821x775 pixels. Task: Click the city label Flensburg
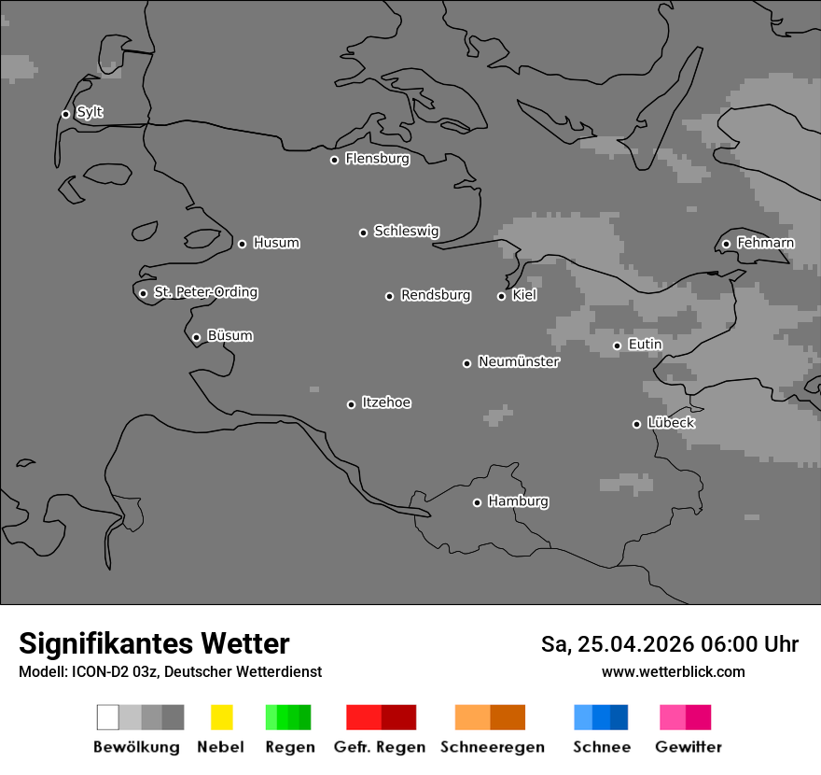377,159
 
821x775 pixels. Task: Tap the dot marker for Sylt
65,114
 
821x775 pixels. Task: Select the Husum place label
276,243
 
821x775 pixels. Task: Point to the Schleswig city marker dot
363,232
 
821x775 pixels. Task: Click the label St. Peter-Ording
205,292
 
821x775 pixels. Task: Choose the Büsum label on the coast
230,335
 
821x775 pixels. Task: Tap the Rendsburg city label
435,295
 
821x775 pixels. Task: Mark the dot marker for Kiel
501,296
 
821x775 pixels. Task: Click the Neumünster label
519,361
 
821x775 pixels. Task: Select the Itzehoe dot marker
351,404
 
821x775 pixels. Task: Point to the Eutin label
645,345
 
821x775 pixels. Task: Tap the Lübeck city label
671,423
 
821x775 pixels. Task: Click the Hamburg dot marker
477,502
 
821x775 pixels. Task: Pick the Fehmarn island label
765,243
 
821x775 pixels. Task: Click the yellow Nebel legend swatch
221,717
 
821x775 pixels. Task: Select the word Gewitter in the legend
689,747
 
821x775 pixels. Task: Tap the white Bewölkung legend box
107,717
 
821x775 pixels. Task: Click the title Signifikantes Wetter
154,643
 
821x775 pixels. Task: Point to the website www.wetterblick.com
673,671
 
